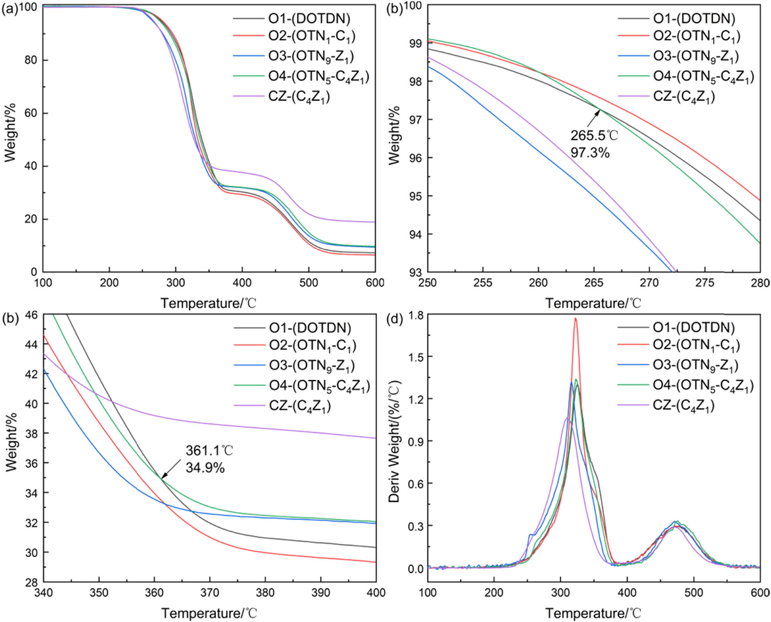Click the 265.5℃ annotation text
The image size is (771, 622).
tap(594, 136)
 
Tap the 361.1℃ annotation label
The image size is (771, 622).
tap(209, 450)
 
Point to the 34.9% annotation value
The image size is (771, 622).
tap(205, 467)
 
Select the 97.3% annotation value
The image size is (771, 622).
tap(590, 153)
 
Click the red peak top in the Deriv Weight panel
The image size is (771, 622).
tap(576, 319)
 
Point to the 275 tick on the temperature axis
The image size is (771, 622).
tap(705, 283)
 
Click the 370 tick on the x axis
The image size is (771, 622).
tap(210, 592)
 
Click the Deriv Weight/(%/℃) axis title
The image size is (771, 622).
tap(394, 441)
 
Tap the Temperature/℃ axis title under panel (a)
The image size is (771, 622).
tap(209, 303)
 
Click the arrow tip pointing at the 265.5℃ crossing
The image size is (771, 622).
tap(601, 110)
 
